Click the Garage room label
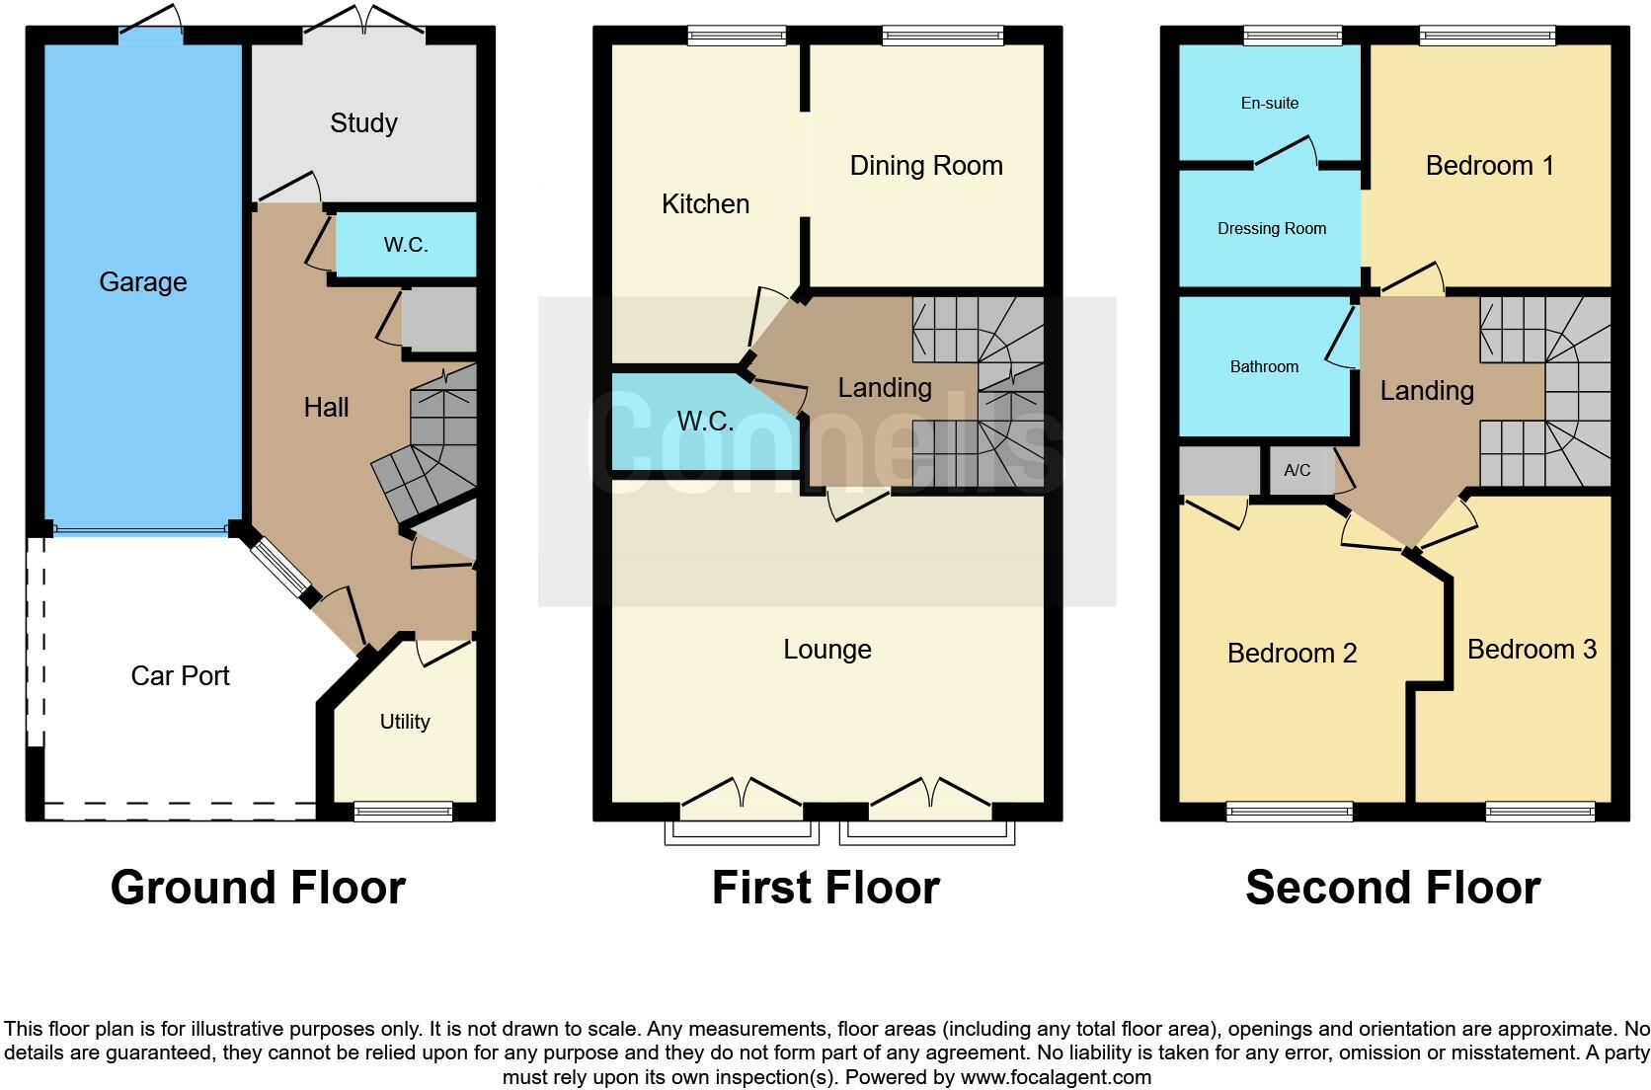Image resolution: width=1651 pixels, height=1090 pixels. (143, 282)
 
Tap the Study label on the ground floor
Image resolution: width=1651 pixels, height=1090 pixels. (363, 123)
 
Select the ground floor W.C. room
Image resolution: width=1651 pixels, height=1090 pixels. (406, 245)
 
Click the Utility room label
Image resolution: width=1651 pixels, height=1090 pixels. (405, 722)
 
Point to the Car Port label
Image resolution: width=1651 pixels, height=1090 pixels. (180, 676)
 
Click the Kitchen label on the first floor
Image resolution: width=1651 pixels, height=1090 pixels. (705, 204)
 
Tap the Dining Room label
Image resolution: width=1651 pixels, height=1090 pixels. (925, 166)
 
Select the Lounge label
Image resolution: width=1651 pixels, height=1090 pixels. (827, 650)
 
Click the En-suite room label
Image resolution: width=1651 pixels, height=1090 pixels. (1270, 104)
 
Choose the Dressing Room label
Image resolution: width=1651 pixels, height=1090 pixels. (1272, 229)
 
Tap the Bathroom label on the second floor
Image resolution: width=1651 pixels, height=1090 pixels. (1264, 367)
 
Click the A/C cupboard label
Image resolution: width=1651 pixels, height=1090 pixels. (1297, 471)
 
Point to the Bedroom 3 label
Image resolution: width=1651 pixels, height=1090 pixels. (1532, 650)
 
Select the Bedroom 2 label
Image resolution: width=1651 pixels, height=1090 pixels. (1292, 654)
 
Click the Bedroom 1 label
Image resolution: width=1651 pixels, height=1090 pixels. (1489, 166)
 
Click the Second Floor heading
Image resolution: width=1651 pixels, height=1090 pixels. (1392, 888)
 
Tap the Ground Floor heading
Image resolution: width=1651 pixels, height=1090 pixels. (258, 888)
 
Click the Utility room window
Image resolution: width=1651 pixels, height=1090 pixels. (403, 812)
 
